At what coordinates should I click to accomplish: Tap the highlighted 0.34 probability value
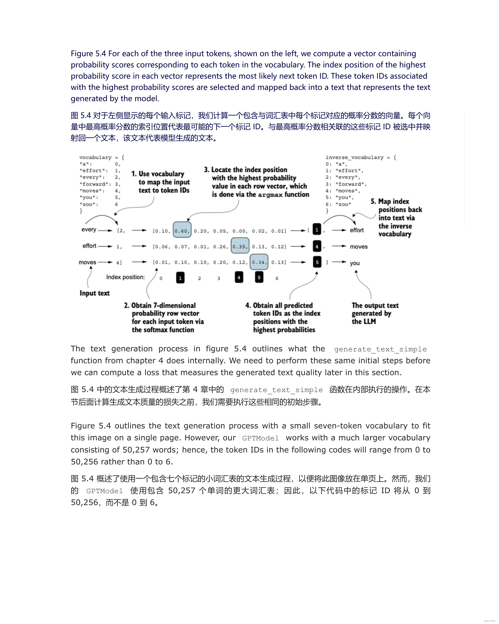[259, 262]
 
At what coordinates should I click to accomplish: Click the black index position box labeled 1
[180, 278]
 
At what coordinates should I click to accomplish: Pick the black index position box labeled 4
[239, 277]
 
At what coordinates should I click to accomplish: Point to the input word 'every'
[89, 230]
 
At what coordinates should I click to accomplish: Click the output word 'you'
[355, 263]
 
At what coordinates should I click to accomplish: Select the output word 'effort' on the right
[357, 230]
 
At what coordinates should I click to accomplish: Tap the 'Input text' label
[94, 293]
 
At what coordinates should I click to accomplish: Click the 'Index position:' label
[125, 277]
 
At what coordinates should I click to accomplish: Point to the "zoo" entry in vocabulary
[89, 204]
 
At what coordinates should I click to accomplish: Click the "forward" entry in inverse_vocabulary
[351, 184]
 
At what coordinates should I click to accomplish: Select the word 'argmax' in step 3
[270, 195]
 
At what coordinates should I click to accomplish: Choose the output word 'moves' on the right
[359, 247]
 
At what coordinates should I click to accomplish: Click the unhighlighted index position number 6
[277, 278]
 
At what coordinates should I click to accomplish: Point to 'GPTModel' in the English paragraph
[260, 438]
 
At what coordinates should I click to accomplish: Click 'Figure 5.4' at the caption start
[88, 53]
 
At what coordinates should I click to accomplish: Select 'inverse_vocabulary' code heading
[355, 157]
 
